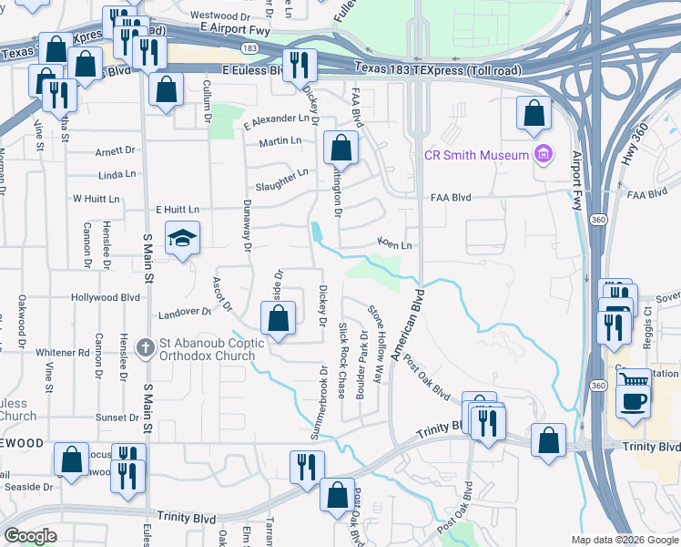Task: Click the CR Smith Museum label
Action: pyautogui.click(x=477, y=155)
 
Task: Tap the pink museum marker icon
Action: pyautogui.click(x=544, y=154)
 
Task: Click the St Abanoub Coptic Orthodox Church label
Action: pyautogui.click(x=212, y=349)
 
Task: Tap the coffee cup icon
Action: pyautogui.click(x=633, y=399)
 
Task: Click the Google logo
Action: pyautogui.click(x=30, y=536)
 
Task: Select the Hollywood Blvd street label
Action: pyautogui.click(x=107, y=297)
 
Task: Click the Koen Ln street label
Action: pyautogui.click(x=395, y=244)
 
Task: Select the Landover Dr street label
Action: pyautogui.click(x=184, y=312)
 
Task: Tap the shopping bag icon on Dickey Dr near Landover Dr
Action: pyautogui.click(x=279, y=319)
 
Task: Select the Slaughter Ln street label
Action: pyautogui.click(x=282, y=180)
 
